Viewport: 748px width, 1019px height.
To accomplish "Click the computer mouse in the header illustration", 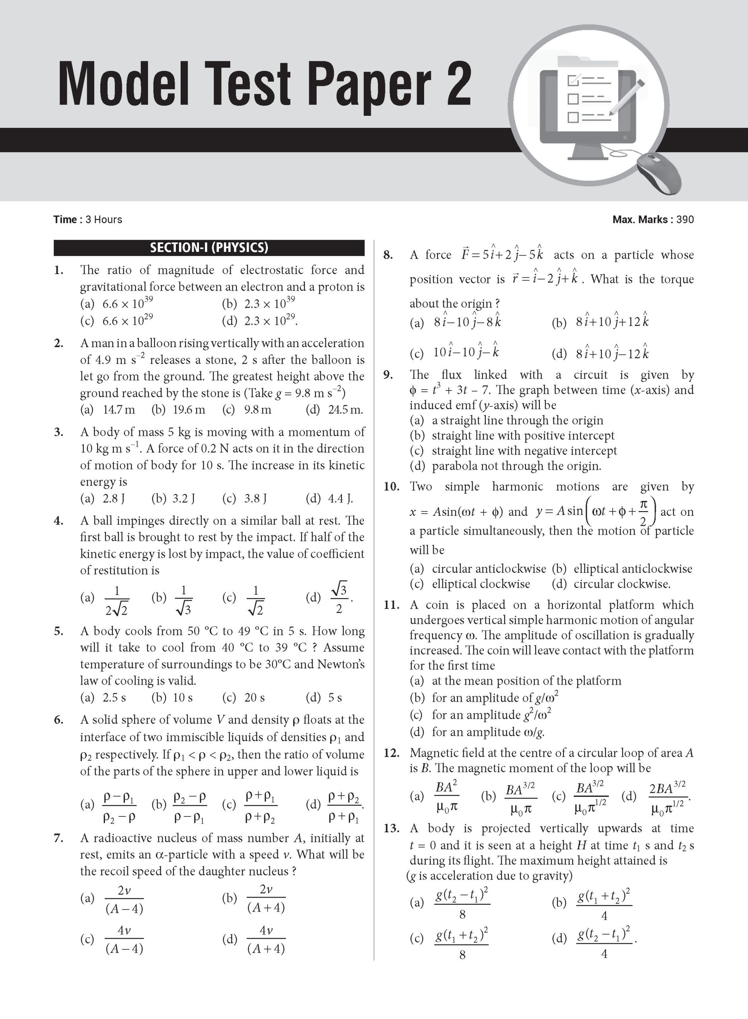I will click(x=659, y=172).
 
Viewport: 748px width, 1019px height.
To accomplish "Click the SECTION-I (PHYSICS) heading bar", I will click(x=209, y=248).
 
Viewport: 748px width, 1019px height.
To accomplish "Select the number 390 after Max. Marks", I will click(x=685, y=220).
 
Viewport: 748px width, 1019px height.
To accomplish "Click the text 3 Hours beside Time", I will click(x=104, y=220).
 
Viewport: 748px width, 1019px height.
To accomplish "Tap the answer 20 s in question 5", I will click(x=255, y=697).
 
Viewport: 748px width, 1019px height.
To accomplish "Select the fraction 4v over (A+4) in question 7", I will click(x=266, y=940).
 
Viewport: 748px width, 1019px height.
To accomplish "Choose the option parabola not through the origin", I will click(x=516, y=466).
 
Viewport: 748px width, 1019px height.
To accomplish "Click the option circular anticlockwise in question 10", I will click(x=489, y=569).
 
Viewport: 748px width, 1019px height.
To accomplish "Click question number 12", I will click(x=391, y=753).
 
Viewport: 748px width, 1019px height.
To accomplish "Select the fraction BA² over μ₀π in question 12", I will click(x=446, y=796).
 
